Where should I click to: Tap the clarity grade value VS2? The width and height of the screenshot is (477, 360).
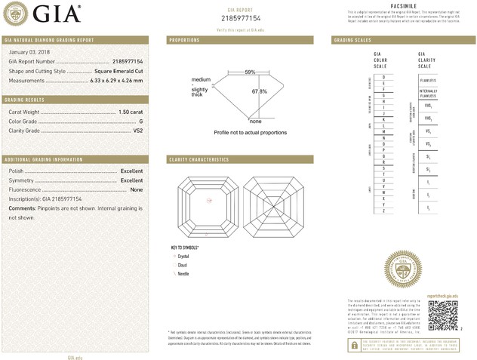pyautogui.click(x=137, y=131)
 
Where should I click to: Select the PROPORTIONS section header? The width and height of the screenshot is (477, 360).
pyautogui.click(x=184, y=39)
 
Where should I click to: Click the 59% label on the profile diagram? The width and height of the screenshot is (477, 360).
pyautogui.click(x=250, y=72)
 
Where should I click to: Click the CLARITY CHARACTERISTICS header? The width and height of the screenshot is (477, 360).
pyautogui.click(x=198, y=160)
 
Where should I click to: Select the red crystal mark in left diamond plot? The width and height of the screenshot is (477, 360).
pyautogui.click(x=211, y=200)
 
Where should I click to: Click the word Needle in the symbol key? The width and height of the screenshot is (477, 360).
pyautogui.click(x=183, y=273)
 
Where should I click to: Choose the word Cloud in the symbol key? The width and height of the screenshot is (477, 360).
pyautogui.click(x=183, y=265)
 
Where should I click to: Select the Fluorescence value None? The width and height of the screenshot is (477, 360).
pyautogui.click(x=137, y=189)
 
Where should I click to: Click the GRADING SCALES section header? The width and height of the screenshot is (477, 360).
pyautogui.click(x=352, y=39)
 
